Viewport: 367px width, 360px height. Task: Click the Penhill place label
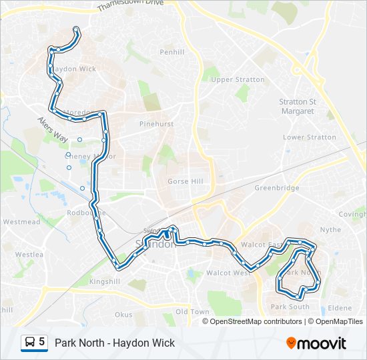coord(172,52)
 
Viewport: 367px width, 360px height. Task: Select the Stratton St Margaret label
coord(297,106)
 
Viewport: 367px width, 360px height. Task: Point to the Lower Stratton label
coord(310,137)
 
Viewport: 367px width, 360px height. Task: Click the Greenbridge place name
coord(276,188)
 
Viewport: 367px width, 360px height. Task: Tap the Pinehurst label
coord(156,124)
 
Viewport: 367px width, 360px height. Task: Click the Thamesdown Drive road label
coord(130,5)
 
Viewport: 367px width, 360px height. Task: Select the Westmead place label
coord(21,221)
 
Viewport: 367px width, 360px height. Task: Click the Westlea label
coord(29,254)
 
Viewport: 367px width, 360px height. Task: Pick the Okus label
coord(123,314)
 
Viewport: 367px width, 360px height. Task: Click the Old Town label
coord(192,311)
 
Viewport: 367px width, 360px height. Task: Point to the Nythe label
coord(331,229)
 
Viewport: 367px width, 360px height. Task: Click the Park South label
coord(290,307)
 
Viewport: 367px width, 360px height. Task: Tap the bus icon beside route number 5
coord(30,343)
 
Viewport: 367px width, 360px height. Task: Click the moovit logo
coord(316,343)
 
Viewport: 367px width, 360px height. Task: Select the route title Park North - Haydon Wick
coord(115,343)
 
